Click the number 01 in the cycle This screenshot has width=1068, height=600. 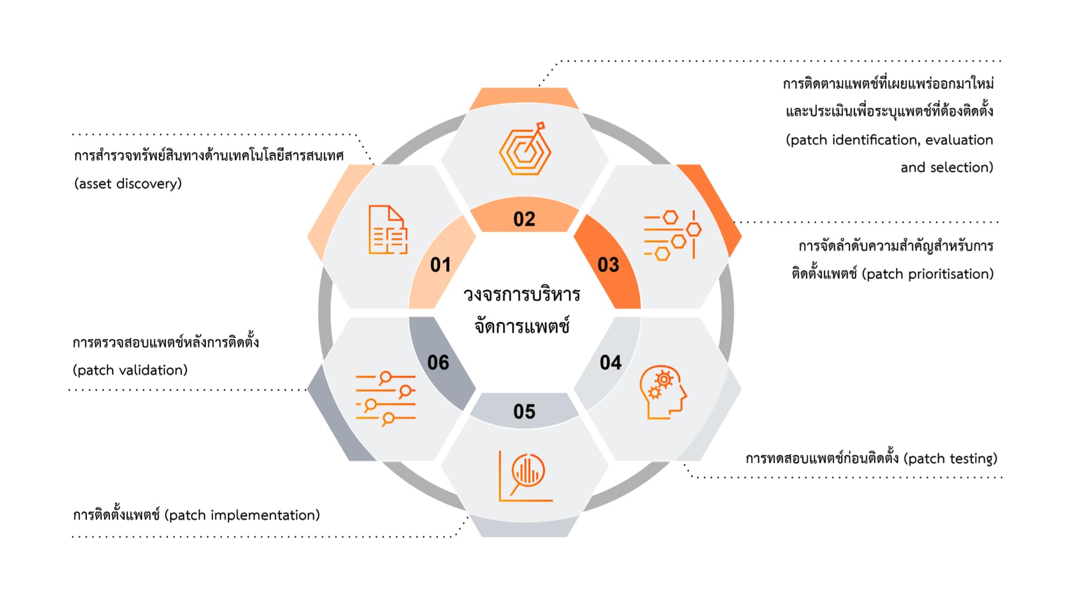coord(441,264)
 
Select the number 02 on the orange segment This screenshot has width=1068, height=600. coord(524,219)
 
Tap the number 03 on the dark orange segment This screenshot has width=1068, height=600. coord(608,264)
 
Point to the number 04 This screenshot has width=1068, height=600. coord(610,363)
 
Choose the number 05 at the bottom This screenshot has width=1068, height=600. coord(524,412)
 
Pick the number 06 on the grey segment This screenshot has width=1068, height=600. coord(438,363)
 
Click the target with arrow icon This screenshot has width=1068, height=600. coord(525,149)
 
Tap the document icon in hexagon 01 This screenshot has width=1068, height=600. coord(388,230)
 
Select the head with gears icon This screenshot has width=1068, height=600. coord(663,392)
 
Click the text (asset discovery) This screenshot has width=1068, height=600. coord(128,184)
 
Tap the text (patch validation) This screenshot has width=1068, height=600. coord(130,370)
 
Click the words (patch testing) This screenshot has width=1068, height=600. coord(950,458)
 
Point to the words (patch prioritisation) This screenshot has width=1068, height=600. coord(927,274)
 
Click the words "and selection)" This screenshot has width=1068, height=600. coord(947,167)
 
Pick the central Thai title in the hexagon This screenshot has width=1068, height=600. coord(522,310)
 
